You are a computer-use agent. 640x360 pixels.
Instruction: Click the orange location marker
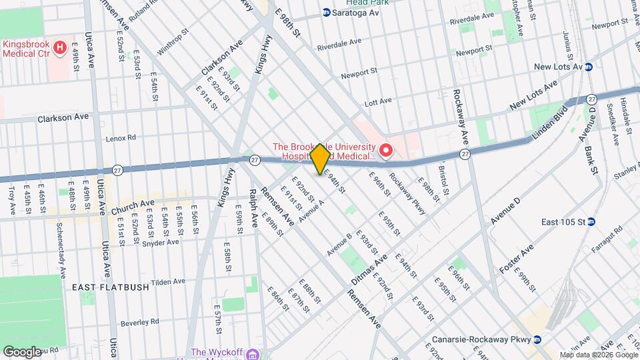(x=320, y=159)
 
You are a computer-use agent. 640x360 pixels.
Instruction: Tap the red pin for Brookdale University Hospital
(x=385, y=153)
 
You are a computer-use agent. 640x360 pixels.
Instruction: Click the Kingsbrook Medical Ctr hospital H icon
(x=60, y=48)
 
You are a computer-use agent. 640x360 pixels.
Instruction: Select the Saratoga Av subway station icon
(x=327, y=13)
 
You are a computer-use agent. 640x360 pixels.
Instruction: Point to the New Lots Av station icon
(x=589, y=67)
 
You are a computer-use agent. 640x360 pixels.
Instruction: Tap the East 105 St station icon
(x=591, y=222)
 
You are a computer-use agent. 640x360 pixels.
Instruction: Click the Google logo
(x=22, y=351)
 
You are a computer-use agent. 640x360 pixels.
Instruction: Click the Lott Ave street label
(x=378, y=103)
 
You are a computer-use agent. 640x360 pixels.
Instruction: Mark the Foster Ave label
(x=517, y=259)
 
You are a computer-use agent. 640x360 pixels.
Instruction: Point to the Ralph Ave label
(x=253, y=209)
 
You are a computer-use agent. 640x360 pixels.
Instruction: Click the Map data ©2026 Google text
(x=598, y=355)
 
